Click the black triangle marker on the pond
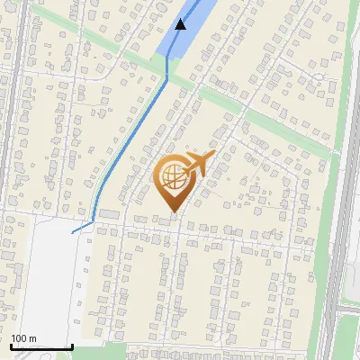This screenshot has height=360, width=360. coord(181,24)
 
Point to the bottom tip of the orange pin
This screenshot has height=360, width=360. coord(172,212)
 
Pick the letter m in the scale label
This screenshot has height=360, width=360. coord(33,338)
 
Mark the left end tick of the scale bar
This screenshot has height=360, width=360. coord(10,346)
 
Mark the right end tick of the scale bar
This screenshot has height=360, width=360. coord(72,346)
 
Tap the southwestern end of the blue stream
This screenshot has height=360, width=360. coord(72,231)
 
